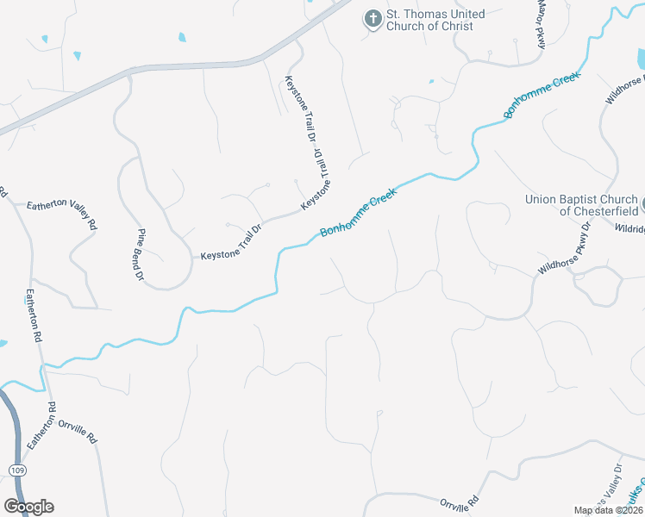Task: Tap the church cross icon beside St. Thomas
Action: [373, 19]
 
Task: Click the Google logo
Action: [28, 507]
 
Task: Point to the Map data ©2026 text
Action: [608, 510]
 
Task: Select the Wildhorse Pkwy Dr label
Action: [565, 250]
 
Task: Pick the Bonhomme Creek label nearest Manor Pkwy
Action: [543, 94]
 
